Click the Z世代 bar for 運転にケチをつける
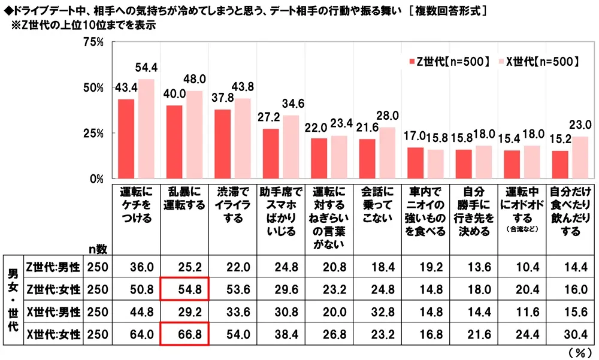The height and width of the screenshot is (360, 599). pyautogui.click(x=126, y=139)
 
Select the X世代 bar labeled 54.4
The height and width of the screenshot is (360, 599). pyautogui.click(x=147, y=129)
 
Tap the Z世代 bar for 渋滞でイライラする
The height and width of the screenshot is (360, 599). pyautogui.click(x=223, y=144)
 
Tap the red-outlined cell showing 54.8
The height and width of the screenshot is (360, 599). pyautogui.click(x=184, y=289)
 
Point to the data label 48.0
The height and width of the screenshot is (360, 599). pyautogui.click(x=195, y=78)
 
